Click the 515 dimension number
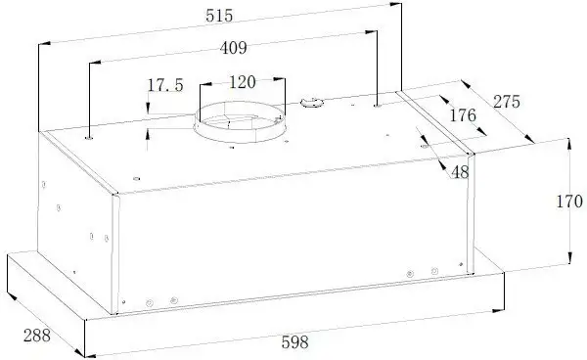219,16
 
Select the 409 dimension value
233,48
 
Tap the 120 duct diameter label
243,82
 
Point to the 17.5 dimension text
165,85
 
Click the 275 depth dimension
507,102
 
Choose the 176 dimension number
463,115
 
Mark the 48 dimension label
460,172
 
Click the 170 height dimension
569,202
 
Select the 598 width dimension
295,342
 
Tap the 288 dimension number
37,336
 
